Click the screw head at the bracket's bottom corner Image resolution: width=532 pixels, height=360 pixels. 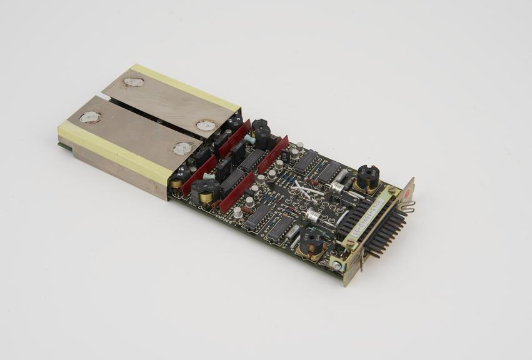pyautogui.click(x=338, y=266)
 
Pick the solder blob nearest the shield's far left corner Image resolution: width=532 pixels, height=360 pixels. pyautogui.click(x=90, y=117)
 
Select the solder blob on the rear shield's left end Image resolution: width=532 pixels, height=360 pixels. pyautogui.click(x=133, y=82)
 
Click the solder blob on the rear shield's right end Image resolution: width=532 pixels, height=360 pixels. pyautogui.click(x=205, y=126)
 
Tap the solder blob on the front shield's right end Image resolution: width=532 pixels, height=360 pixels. pyautogui.click(x=183, y=149)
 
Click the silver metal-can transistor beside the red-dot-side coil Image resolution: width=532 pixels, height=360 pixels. pyautogui.click(x=339, y=185)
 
